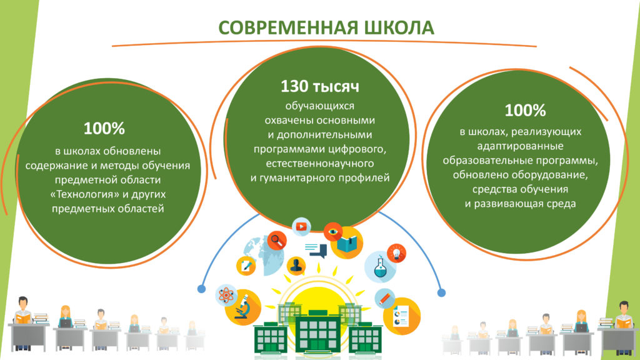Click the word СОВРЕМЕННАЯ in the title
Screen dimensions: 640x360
point(288,27)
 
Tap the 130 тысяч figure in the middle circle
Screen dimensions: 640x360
point(320,86)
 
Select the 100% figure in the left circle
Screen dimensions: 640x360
point(104,129)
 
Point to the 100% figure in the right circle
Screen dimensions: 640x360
point(525,110)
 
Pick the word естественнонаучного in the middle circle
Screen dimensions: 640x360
point(320,164)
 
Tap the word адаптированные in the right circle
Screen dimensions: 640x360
point(521,146)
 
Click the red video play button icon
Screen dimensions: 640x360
point(302,226)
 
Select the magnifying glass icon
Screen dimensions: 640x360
point(277,241)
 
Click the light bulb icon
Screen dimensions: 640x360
point(396,253)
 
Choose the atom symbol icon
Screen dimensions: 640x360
point(226,295)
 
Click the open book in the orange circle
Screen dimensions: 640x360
point(346,243)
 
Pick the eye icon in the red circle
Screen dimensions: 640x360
point(333,232)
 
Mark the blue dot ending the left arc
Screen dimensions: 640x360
point(201,289)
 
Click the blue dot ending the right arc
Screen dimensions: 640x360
point(441,292)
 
